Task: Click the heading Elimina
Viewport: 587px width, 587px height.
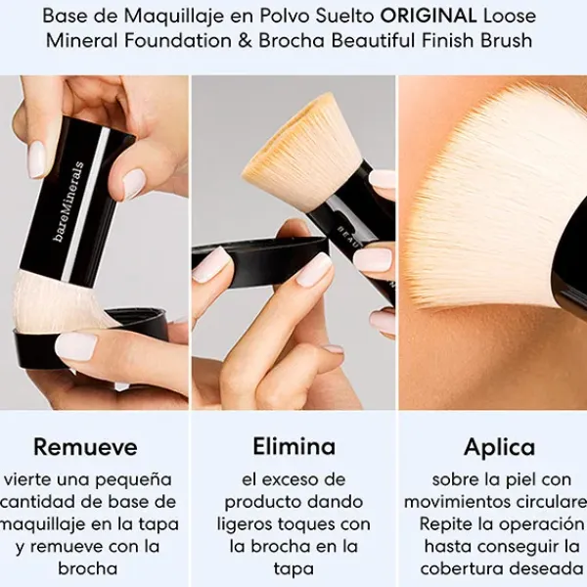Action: tap(293, 447)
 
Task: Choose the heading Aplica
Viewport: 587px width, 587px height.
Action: tap(499, 447)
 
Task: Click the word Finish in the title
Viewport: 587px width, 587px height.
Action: tap(467, 41)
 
